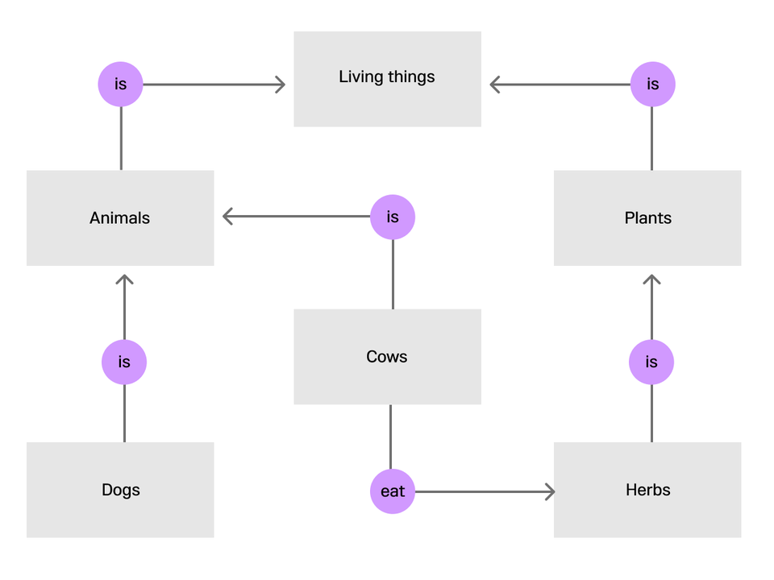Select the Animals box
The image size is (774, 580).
(120, 218)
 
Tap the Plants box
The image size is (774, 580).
(647, 218)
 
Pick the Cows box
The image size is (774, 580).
(387, 357)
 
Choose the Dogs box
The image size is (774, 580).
(120, 490)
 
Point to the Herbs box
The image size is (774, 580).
(647, 490)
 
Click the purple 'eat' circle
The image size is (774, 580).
(393, 491)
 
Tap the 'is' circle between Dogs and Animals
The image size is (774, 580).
(124, 362)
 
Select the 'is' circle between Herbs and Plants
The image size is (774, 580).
(651, 362)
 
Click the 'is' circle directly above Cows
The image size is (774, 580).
(393, 217)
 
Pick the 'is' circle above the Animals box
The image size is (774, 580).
(120, 84)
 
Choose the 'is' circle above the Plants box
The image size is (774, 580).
(652, 84)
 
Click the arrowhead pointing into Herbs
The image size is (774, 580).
(551, 491)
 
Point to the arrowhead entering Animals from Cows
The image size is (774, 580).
(227, 216)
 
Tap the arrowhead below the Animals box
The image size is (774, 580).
(124, 279)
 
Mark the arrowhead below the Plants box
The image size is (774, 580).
(652, 279)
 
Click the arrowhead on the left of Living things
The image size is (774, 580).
(281, 85)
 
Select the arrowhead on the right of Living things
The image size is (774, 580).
(494, 85)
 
